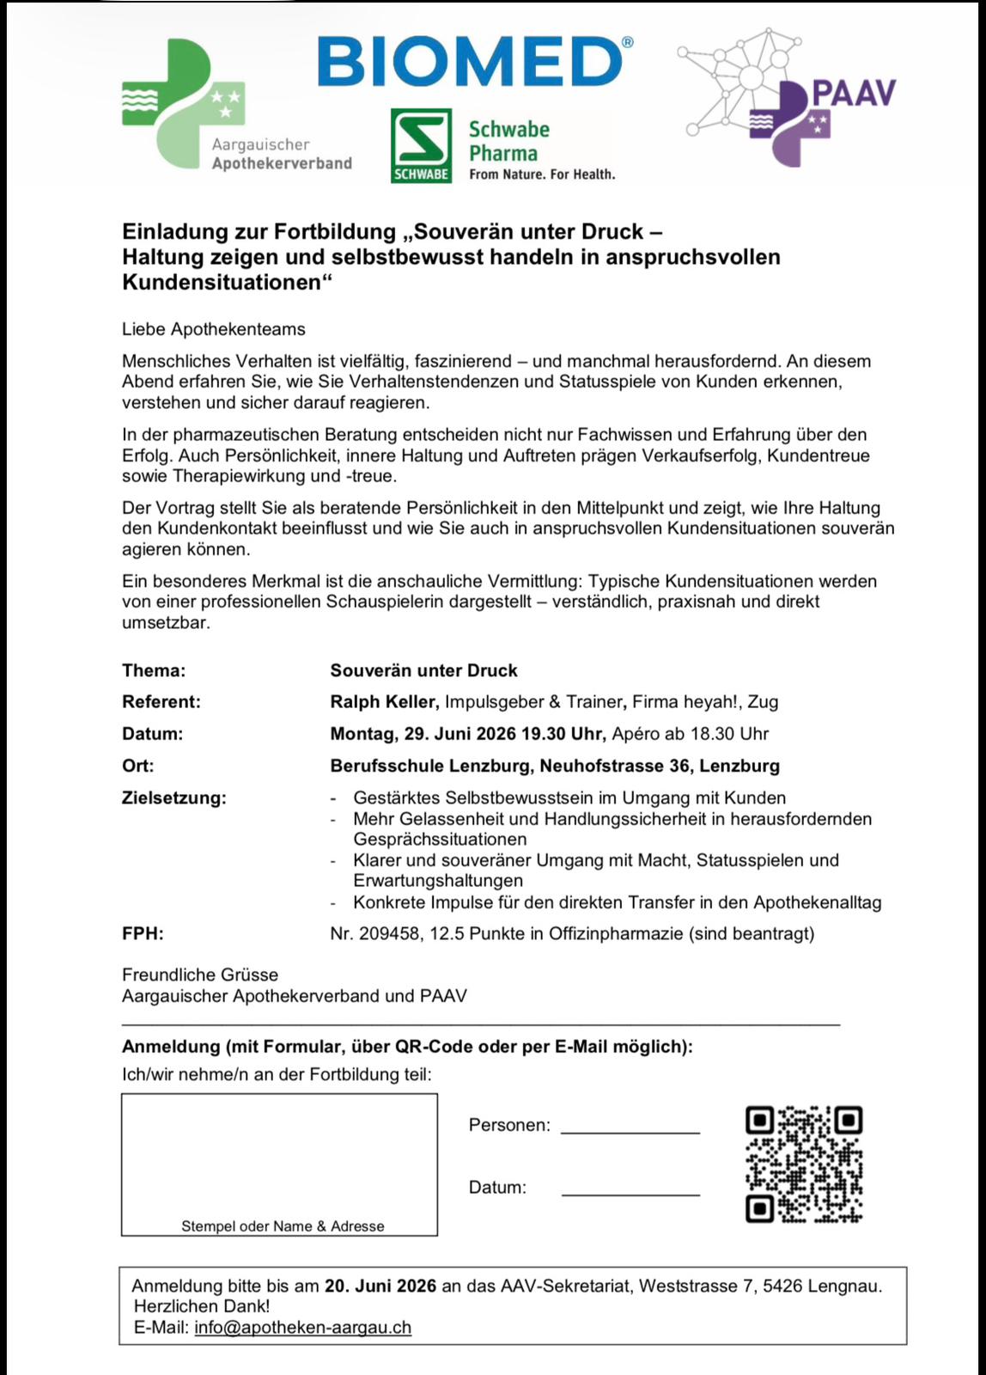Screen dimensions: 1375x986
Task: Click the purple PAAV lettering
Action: pyautogui.click(x=853, y=93)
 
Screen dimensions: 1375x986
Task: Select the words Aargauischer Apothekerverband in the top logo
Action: pyautogui.click(x=281, y=154)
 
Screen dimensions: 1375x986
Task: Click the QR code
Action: pyautogui.click(x=803, y=1164)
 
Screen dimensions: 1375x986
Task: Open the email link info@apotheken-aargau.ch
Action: pyautogui.click(x=302, y=1327)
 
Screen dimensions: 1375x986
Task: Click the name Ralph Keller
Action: pyautogui.click(x=383, y=701)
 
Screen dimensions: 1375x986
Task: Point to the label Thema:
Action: pyautogui.click(x=154, y=670)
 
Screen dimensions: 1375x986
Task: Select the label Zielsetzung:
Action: pyautogui.click(x=174, y=797)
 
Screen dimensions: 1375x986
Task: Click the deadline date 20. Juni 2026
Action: pyautogui.click(x=380, y=1286)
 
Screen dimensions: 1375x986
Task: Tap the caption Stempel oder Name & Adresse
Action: pyautogui.click(x=283, y=1226)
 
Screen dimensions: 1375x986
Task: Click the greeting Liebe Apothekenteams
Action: pyautogui.click(x=214, y=329)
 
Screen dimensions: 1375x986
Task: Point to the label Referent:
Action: pyautogui.click(x=161, y=701)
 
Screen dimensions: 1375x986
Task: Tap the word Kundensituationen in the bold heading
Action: pyautogui.click(x=222, y=282)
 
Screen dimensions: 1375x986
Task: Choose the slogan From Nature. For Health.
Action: pyautogui.click(x=542, y=174)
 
